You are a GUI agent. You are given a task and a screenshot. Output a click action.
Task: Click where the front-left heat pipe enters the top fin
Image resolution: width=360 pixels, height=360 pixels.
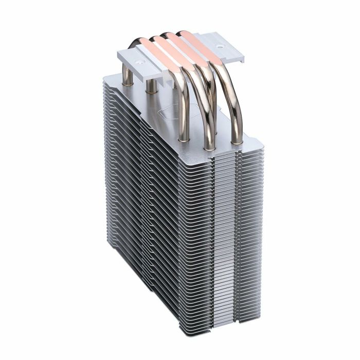point(181,138)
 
